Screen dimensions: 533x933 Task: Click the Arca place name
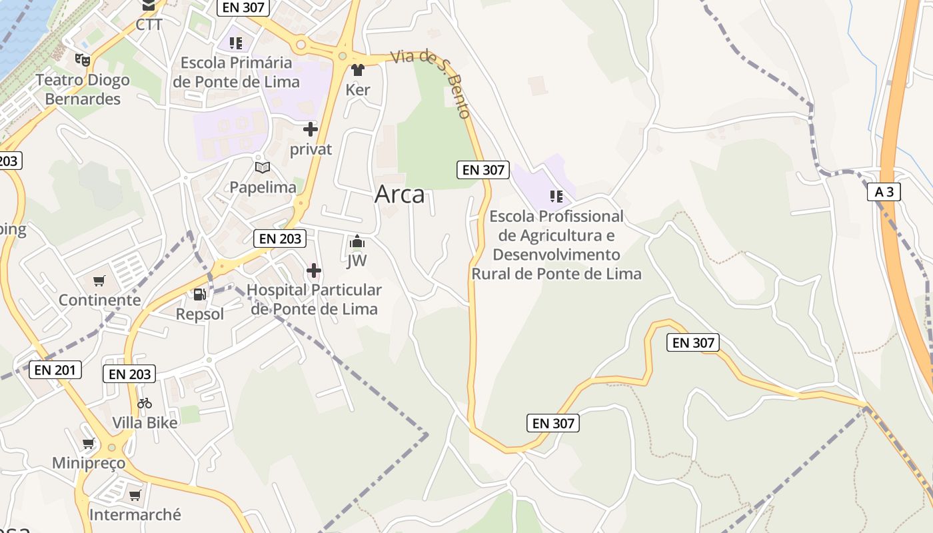399,194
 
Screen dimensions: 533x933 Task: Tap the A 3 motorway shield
884,192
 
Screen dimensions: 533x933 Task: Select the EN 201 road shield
55,370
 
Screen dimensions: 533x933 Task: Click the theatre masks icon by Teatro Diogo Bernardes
82,60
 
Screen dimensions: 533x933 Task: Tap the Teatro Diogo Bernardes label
82,89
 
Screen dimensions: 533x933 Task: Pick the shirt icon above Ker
358,69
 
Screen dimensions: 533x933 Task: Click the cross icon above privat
311,129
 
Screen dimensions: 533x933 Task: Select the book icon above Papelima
263,167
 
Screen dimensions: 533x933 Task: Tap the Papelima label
263,187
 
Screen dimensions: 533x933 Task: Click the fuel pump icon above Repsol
199,294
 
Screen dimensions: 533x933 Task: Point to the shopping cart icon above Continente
99,280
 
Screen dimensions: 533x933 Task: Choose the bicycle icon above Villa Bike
145,403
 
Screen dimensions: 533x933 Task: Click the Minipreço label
89,462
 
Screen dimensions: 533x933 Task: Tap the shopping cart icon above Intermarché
135,495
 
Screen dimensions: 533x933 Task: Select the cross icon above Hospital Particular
314,270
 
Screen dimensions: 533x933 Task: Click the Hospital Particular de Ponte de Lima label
314,299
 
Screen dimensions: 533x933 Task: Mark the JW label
357,261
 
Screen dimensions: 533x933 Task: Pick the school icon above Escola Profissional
556,196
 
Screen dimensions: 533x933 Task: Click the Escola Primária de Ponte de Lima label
237,72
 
